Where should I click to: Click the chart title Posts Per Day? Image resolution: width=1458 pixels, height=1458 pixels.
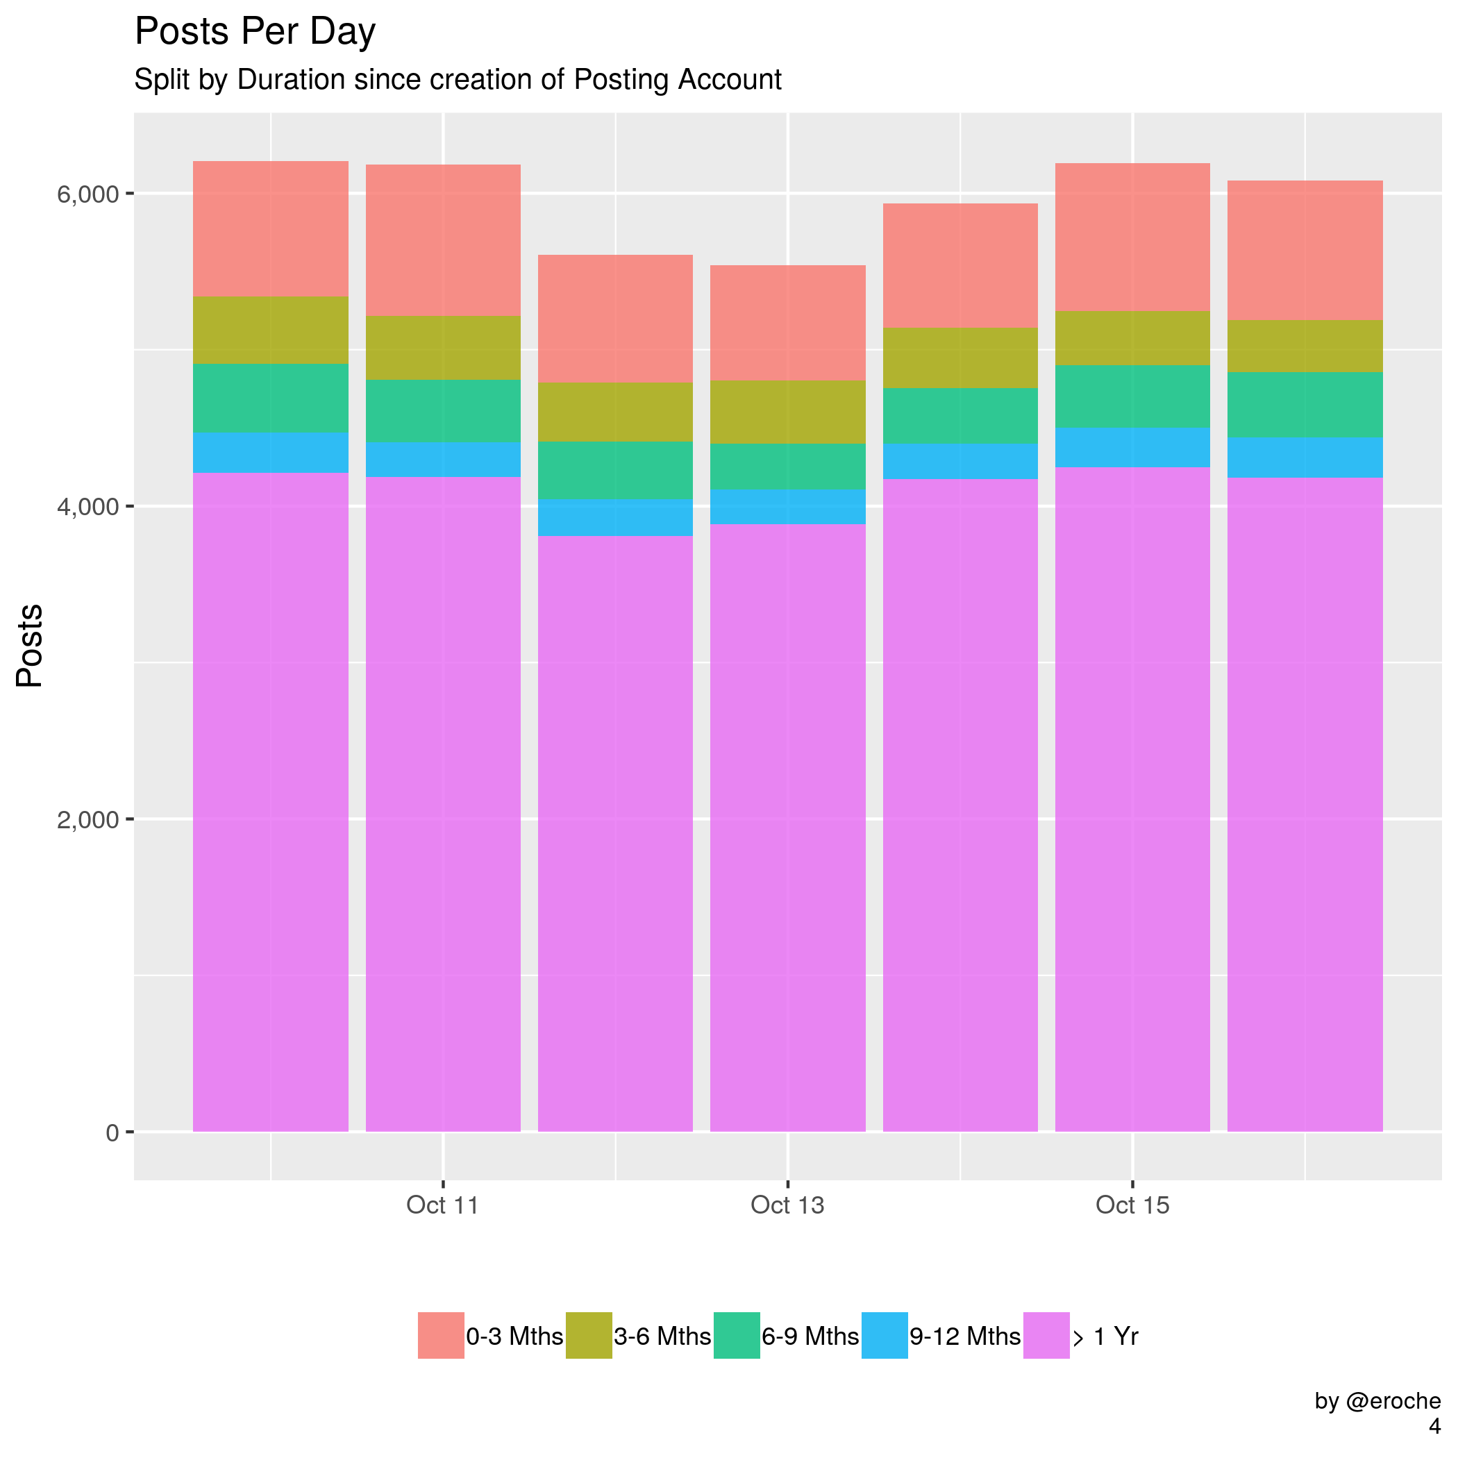(254, 33)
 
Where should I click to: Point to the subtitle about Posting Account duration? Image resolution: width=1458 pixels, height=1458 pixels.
(458, 80)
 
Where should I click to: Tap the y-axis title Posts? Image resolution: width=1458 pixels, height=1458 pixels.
(30, 645)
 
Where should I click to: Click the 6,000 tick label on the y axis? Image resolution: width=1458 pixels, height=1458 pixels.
(87, 194)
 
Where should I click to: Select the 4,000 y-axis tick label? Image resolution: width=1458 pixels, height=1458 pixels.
(87, 506)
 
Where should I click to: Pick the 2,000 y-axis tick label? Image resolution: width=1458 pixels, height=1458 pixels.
(87, 819)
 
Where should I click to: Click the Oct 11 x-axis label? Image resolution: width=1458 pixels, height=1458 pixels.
(442, 1205)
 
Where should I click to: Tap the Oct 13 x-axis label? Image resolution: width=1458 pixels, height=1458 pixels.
(787, 1205)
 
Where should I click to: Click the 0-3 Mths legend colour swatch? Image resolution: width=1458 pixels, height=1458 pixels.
(441, 1336)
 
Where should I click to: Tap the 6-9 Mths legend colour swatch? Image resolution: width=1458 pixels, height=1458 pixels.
(737, 1336)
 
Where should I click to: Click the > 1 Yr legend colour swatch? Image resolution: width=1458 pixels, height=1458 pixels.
(1046, 1336)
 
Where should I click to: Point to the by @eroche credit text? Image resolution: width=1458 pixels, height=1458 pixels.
(1377, 1401)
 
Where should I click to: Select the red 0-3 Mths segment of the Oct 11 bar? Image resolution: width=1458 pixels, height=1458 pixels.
(443, 240)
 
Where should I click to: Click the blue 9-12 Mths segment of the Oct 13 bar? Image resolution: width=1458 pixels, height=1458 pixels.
(788, 506)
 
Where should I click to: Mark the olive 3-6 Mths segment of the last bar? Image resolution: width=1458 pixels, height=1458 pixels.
(1305, 346)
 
